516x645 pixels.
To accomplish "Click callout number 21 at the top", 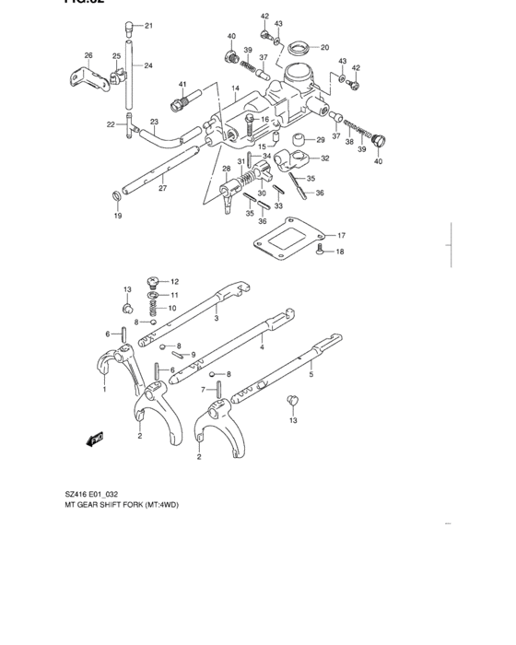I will click(x=149, y=25).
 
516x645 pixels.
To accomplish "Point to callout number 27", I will click(x=162, y=189).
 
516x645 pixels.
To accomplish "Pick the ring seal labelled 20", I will click(x=299, y=47).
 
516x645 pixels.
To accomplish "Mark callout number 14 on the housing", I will click(x=235, y=89).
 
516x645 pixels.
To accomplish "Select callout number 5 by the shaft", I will click(x=311, y=375).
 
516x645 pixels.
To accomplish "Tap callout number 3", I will click(x=216, y=318).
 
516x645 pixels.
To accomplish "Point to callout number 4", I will click(x=262, y=347).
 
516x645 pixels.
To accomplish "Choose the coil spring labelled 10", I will click(x=153, y=308).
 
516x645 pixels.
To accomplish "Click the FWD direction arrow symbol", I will click(x=96, y=441).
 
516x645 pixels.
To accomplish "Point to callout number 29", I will click(x=321, y=140).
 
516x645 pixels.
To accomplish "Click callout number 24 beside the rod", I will click(x=148, y=65).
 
